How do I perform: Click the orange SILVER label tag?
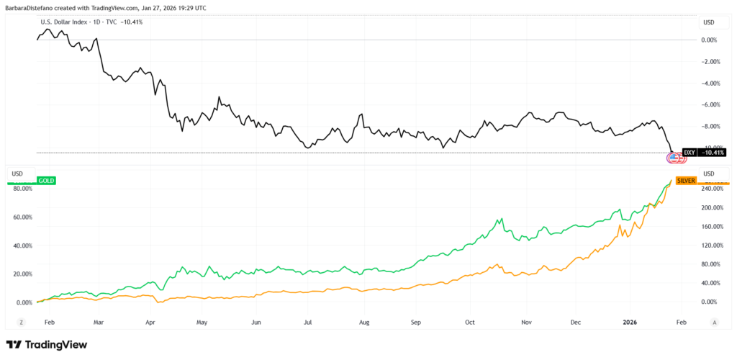pos(684,180)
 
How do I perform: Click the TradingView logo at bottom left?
pos(47,345)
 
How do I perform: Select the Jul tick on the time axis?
pos(309,322)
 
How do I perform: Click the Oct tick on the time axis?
pos(470,322)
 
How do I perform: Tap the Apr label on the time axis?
pos(150,322)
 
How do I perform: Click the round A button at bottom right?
pos(714,322)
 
